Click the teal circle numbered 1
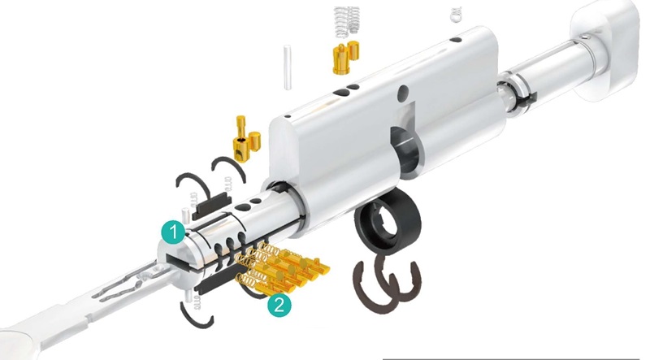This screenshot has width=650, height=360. tap(171, 231)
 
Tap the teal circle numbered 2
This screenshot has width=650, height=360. tap(279, 305)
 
